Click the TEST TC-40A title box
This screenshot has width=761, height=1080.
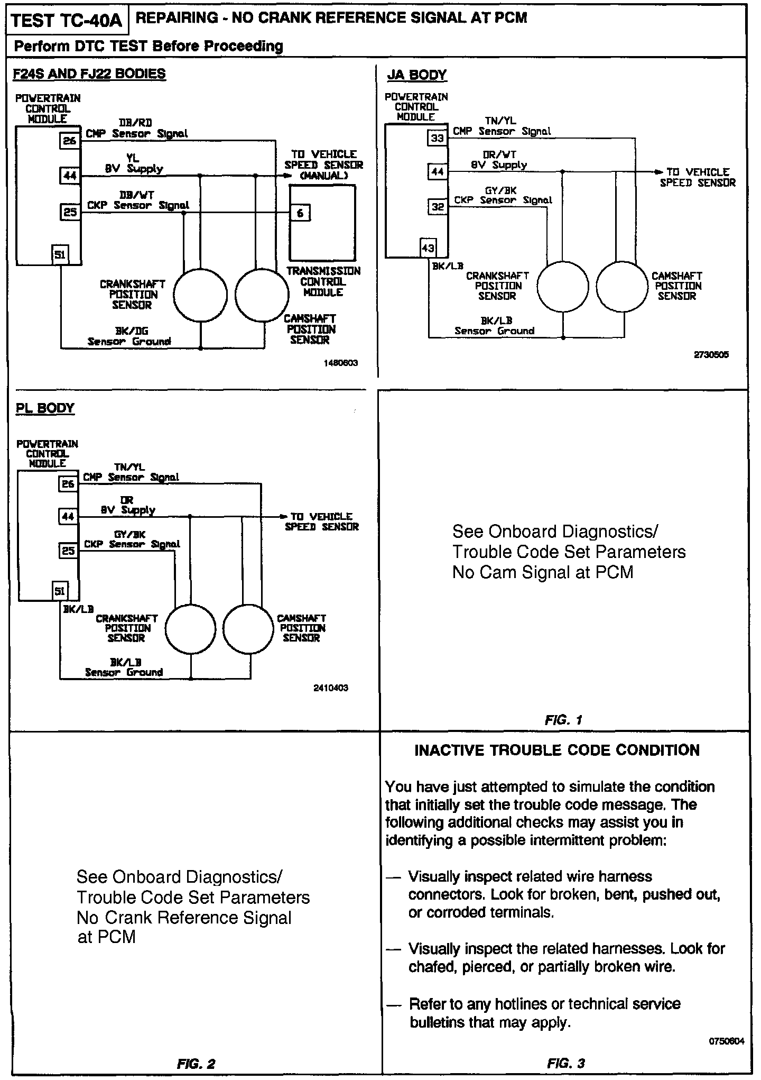67,21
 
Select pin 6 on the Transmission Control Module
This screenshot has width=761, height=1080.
300,213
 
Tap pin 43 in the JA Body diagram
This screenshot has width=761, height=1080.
428,248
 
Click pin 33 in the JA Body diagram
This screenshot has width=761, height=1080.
437,139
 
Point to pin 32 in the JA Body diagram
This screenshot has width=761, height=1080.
438,207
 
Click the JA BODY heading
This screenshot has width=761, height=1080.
416,75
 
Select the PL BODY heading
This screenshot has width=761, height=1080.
45,408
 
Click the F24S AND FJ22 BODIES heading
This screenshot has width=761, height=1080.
89,74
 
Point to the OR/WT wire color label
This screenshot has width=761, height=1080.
499,154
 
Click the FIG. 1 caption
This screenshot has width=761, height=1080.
563,720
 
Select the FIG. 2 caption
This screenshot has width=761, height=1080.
196,1064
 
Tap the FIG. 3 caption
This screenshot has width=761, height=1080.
566,1063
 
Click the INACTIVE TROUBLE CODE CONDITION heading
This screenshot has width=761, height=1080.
557,750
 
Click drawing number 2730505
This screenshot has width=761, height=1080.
711,355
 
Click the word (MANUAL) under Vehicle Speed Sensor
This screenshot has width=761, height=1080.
323,176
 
